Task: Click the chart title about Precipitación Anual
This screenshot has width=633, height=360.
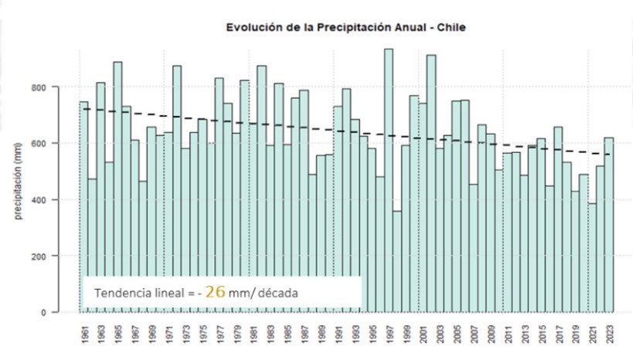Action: (x=345, y=28)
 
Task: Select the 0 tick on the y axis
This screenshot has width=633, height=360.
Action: (x=66, y=312)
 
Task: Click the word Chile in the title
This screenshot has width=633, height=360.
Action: (x=451, y=28)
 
